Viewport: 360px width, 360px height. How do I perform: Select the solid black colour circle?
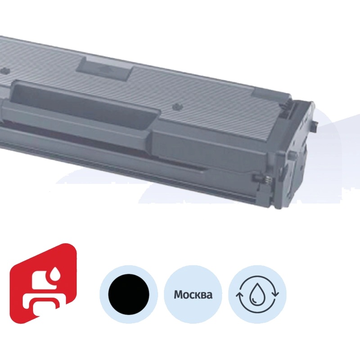129,294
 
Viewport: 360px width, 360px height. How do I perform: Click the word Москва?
193,295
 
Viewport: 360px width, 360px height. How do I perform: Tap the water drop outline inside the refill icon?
258,295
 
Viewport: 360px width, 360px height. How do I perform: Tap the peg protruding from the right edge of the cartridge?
316,122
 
